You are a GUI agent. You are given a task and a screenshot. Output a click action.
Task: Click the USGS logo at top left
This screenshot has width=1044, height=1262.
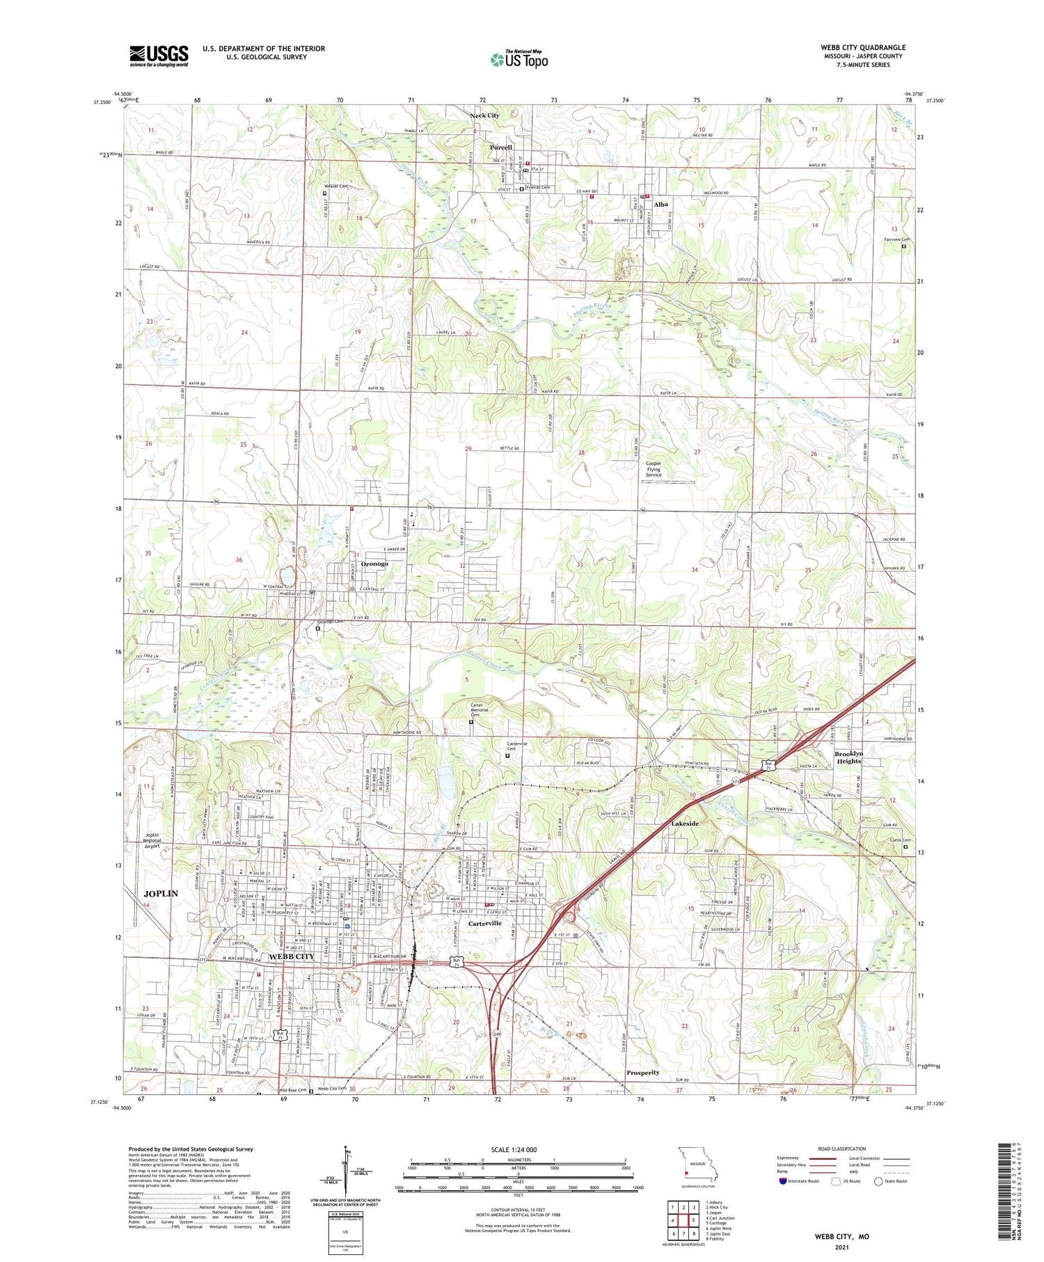click(159, 56)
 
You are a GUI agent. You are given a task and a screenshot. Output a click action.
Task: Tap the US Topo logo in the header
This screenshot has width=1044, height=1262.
click(519, 60)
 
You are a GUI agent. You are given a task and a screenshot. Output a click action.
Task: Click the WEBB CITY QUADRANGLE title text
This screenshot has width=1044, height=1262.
click(863, 47)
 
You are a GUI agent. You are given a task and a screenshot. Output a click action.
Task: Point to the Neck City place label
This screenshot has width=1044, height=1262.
click(484, 116)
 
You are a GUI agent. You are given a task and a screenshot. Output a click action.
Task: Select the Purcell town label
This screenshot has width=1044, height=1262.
click(500, 148)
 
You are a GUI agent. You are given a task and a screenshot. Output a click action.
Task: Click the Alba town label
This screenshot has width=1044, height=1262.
click(661, 205)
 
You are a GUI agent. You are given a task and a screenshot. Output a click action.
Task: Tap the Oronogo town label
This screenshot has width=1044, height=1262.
click(374, 564)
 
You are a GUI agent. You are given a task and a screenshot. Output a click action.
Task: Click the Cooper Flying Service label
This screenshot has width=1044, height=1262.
click(654, 469)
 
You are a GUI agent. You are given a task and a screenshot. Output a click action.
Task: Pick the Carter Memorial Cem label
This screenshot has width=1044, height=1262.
click(479, 710)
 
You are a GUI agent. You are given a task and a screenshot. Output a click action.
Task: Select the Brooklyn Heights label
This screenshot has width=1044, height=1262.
click(848, 757)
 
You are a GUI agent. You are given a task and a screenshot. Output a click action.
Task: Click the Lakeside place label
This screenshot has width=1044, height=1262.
click(685, 823)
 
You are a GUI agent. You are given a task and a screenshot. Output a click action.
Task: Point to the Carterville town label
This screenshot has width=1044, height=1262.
click(485, 923)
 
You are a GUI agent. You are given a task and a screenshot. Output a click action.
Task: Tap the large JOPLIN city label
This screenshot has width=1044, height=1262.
click(161, 893)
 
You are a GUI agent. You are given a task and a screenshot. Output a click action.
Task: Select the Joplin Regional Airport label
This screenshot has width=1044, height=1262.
click(152, 841)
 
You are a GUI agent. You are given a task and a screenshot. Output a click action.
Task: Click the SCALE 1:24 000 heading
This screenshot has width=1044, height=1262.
click(519, 1149)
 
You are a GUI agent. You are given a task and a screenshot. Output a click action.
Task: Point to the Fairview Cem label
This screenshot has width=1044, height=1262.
click(896, 239)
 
